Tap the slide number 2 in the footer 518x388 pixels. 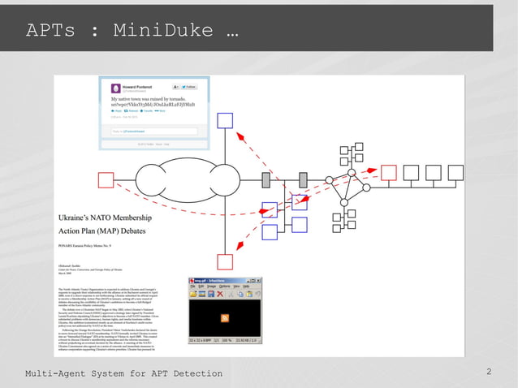click(x=489, y=372)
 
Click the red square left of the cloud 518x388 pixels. click(x=106, y=179)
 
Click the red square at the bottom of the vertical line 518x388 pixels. click(x=225, y=261)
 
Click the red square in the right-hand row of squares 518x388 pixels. click(x=389, y=172)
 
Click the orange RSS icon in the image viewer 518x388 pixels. click(x=224, y=317)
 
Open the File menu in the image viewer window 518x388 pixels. click(x=192, y=286)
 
